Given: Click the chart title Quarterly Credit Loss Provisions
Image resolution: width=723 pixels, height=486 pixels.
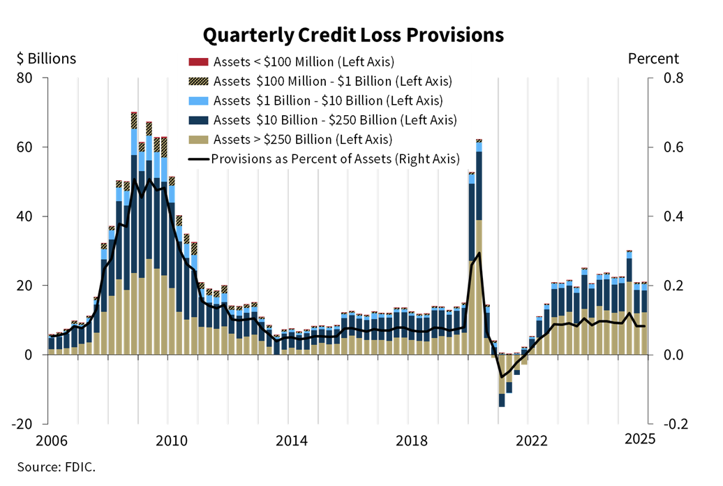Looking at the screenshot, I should click(x=352, y=34).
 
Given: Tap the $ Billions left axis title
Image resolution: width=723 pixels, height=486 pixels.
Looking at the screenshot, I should click(x=46, y=59).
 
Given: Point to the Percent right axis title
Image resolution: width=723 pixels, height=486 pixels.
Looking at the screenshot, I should click(x=653, y=59).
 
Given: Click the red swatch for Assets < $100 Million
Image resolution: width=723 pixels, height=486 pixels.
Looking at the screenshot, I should click(x=198, y=61).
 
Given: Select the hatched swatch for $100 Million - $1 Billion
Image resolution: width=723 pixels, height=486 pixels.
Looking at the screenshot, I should click(x=198, y=81).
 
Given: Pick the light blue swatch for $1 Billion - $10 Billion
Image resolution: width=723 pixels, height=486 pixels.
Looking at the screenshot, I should click(x=198, y=101).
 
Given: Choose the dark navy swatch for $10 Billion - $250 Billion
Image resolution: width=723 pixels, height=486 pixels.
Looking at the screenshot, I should click(x=198, y=120).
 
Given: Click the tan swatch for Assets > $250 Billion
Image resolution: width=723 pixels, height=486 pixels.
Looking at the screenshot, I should click(x=198, y=140).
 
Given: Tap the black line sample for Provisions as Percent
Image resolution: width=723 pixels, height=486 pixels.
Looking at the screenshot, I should click(x=198, y=159).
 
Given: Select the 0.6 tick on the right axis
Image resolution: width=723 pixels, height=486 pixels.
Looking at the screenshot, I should click(x=666, y=147).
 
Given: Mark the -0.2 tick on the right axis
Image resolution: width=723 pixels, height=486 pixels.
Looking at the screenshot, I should click(x=664, y=424).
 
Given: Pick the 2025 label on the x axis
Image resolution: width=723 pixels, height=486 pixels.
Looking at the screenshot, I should click(x=639, y=440).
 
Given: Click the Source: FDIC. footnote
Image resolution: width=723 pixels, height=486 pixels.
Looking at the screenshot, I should click(x=56, y=466).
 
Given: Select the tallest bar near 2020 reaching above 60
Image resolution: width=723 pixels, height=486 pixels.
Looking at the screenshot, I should click(x=479, y=244).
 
